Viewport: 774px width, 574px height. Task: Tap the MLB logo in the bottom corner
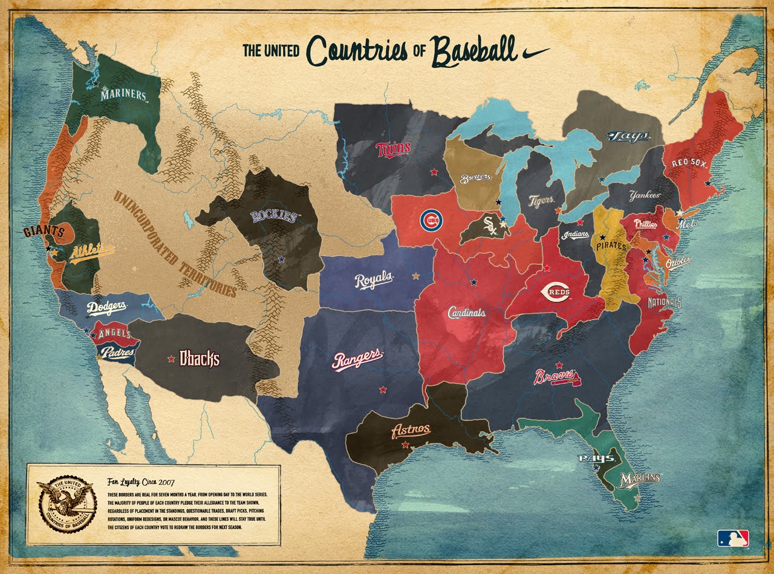click(x=733, y=538)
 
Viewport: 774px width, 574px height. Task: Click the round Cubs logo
click(x=431, y=221)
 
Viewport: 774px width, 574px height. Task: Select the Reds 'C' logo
click(x=556, y=292)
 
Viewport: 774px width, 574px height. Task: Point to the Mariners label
click(x=123, y=95)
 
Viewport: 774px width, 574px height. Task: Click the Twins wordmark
click(x=393, y=148)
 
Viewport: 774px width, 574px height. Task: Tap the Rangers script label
click(x=357, y=359)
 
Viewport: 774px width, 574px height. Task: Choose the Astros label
click(x=411, y=430)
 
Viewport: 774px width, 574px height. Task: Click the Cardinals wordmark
click(x=466, y=313)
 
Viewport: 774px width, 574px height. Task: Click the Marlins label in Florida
click(x=640, y=478)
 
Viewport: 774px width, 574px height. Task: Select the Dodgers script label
click(x=106, y=307)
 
